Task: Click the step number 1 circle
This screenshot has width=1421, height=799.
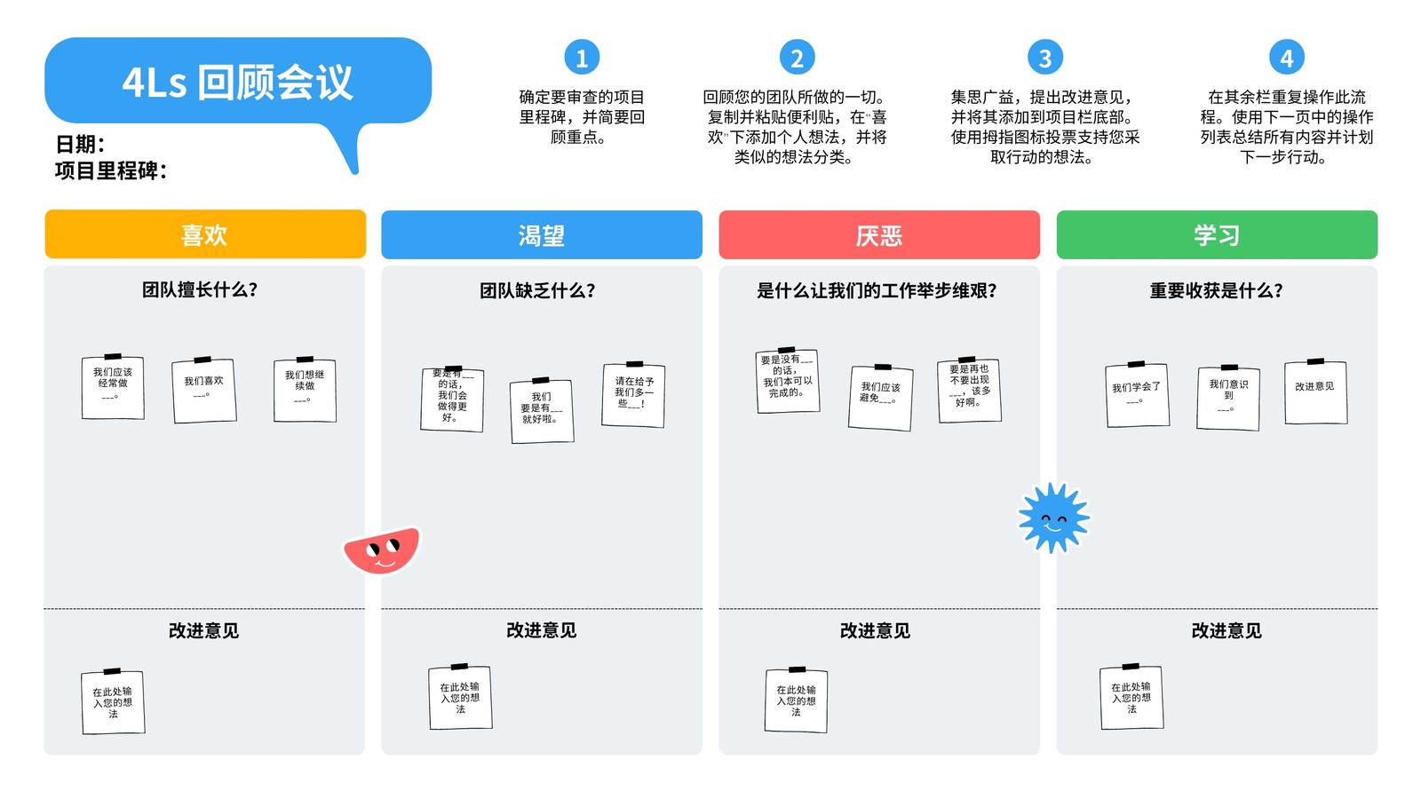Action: [582, 58]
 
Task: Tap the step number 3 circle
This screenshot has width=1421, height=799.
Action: [1044, 58]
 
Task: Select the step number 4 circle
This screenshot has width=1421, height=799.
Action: [1287, 58]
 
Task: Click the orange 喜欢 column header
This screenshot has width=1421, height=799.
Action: [205, 234]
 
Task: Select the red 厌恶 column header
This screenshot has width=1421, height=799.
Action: [879, 235]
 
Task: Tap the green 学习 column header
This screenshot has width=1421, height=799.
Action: [1217, 235]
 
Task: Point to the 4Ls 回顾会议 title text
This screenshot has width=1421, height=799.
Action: [237, 83]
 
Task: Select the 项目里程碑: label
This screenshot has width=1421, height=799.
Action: [111, 170]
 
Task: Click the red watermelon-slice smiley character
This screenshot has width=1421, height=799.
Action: [382, 550]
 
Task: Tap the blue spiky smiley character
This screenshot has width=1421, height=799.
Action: [1053, 518]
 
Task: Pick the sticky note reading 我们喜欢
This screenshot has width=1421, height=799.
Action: [204, 390]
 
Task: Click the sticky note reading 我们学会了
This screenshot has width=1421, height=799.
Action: [1137, 394]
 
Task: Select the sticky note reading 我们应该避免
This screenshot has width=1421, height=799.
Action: [880, 398]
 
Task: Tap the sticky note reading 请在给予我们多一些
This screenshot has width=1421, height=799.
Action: [634, 394]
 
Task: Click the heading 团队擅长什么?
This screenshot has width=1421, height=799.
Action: [200, 289]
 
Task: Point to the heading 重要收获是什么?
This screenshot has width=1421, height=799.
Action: [1217, 290]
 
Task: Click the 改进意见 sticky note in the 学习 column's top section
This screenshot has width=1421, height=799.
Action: [1315, 392]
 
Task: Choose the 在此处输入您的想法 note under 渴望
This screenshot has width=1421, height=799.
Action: [460, 697]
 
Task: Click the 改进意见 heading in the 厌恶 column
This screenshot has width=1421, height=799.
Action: [875, 630]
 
